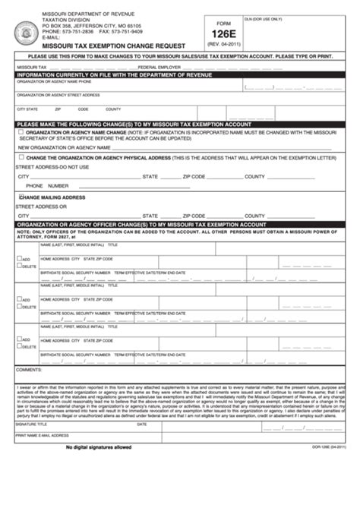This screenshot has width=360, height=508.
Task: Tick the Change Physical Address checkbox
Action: pyautogui.click(x=21, y=157)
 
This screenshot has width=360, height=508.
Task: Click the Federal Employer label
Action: pyautogui.click(x=153, y=67)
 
